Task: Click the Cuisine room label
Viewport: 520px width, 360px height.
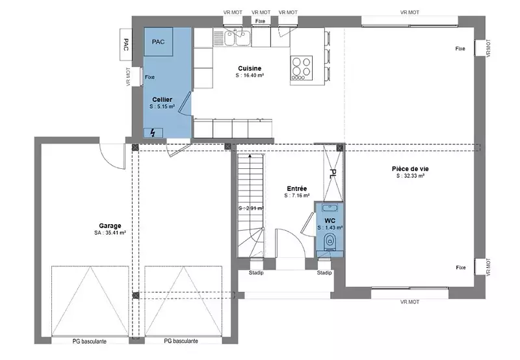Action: click(250, 68)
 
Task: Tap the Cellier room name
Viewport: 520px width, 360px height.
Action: click(162, 99)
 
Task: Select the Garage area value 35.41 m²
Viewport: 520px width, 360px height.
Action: click(110, 233)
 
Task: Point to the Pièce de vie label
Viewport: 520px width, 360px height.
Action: click(410, 169)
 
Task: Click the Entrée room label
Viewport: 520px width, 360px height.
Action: click(297, 188)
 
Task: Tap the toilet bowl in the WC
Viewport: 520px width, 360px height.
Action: click(330, 240)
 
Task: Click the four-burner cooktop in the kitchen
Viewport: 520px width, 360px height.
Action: click(302, 68)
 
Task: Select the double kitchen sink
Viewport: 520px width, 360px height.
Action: click(235, 38)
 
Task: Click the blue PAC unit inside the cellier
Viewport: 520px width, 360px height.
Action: click(158, 42)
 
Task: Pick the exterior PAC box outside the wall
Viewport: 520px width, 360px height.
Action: click(126, 44)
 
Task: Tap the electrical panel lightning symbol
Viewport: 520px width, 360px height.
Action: click(153, 133)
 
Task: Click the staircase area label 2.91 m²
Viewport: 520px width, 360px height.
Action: click(251, 209)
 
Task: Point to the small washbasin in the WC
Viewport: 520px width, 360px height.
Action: click(330, 208)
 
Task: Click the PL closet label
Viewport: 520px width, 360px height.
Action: click(333, 174)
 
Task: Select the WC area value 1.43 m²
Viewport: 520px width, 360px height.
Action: click(330, 227)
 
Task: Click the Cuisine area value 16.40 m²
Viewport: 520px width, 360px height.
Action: click(250, 75)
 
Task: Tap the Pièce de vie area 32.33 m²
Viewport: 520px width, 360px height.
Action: click(410, 176)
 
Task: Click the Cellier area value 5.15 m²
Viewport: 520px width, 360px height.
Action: click(162, 107)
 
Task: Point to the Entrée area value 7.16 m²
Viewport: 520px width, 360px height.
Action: click(297, 196)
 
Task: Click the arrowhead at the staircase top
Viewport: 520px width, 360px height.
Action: click(250, 155)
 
